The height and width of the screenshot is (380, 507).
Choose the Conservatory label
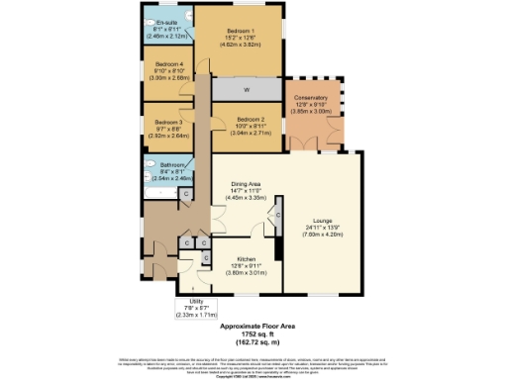click(x=313, y=97)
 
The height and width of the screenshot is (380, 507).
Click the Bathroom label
click(x=166, y=165)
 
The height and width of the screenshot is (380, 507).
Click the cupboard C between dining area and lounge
click(x=278, y=213)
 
